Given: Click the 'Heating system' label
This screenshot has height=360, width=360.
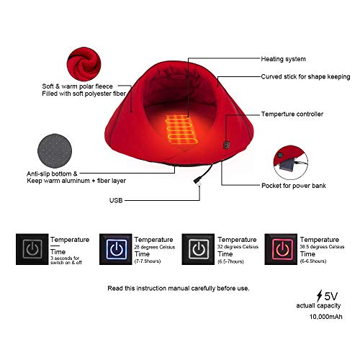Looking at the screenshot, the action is point(284,59).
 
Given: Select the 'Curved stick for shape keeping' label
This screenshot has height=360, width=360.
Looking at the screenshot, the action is point(305,77).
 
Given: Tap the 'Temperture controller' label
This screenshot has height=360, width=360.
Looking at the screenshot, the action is point(292,114).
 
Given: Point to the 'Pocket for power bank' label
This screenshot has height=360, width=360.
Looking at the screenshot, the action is point(294,186).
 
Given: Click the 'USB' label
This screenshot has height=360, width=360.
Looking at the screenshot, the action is point(116,200).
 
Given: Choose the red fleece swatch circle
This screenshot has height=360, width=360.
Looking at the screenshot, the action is point(84,64).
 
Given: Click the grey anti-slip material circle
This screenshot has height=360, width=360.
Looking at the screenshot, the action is point(55,151).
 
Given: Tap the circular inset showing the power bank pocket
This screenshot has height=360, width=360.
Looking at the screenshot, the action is point(291,162).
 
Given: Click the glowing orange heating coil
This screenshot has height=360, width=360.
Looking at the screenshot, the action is point(181,129).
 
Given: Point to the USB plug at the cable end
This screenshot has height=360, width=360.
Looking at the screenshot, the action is point(197,181).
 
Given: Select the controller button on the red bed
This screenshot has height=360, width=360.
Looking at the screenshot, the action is point(227,145).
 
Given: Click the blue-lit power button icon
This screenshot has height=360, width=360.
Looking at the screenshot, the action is point(117,249).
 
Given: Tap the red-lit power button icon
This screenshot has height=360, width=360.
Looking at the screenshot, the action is point(282,249).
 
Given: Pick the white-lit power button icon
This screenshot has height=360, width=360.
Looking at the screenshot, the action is point(199,249).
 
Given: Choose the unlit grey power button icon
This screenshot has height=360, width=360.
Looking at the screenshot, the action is point(32,249).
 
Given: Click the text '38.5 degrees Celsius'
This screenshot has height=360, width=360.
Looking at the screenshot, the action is point(322,247).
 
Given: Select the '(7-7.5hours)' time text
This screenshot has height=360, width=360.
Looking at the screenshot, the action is point(148,261).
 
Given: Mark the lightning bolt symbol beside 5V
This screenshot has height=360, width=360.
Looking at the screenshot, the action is point(320,296).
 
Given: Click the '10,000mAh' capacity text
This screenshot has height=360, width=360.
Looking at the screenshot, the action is point(326,317).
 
